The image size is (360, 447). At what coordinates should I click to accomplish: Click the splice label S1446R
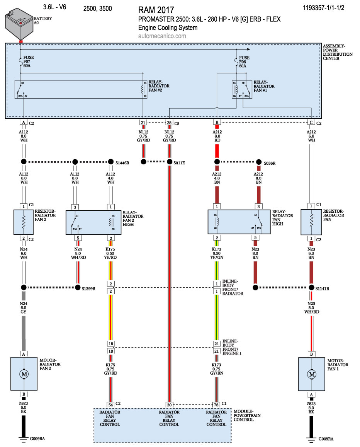(122, 163)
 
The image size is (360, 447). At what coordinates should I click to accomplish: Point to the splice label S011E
(179, 163)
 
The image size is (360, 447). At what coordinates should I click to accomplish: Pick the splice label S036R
(270, 163)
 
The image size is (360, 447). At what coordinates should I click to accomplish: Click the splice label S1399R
(88, 288)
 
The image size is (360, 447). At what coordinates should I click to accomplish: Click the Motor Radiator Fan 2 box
(24, 374)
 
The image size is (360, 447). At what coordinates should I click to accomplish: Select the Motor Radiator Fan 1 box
(311, 374)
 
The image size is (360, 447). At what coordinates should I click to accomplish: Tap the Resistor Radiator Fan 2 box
(24, 222)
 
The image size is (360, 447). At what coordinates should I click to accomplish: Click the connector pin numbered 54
(111, 404)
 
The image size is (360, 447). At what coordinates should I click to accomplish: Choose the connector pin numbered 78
(217, 404)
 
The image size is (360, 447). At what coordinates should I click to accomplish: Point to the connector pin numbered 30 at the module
(169, 404)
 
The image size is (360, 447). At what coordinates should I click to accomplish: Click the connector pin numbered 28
(169, 123)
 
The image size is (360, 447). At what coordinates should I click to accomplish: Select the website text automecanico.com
(162, 36)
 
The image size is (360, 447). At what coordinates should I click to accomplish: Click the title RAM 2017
(156, 10)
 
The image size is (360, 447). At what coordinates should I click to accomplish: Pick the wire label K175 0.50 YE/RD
(111, 253)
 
